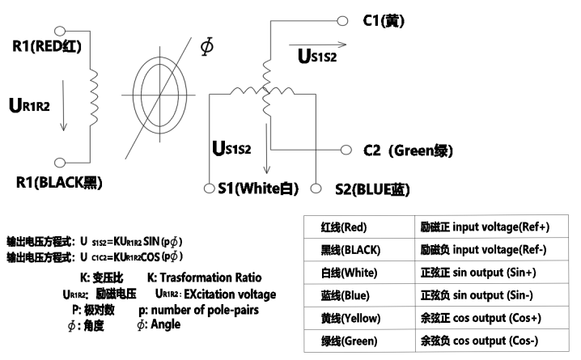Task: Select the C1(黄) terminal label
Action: coord(383,19)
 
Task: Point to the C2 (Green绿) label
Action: coord(407,150)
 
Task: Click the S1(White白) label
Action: coord(257,189)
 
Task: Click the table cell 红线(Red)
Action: coord(343,228)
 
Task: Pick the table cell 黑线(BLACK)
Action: coord(349,251)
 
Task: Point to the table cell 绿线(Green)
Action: coord(349,341)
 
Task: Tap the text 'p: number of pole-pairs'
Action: coord(195,310)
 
